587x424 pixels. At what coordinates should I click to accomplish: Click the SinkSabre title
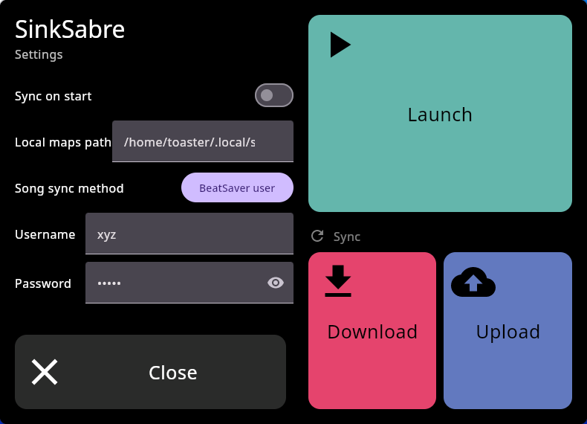[70, 29]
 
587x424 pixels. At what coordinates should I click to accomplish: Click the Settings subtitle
[39, 55]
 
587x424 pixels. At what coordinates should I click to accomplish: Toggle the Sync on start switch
[274, 95]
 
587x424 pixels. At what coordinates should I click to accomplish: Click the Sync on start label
[53, 97]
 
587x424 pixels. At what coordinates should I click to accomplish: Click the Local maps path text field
[203, 141]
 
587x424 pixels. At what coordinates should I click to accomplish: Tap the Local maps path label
[63, 143]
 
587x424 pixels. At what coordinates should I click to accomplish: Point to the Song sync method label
[69, 188]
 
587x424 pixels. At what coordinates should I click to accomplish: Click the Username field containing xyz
[189, 234]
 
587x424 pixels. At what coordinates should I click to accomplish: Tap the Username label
[45, 234]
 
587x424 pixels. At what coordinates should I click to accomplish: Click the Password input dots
[109, 283]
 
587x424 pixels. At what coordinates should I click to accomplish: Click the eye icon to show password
[276, 283]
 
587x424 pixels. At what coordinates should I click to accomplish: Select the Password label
[43, 284]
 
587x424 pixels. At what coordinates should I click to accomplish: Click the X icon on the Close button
[45, 372]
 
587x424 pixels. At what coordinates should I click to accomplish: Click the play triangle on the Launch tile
[340, 45]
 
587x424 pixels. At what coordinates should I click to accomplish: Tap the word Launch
[440, 115]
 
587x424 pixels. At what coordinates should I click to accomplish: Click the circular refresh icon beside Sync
[317, 236]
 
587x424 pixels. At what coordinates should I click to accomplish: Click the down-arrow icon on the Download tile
[338, 280]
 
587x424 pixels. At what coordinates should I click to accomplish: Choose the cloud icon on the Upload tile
[473, 282]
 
